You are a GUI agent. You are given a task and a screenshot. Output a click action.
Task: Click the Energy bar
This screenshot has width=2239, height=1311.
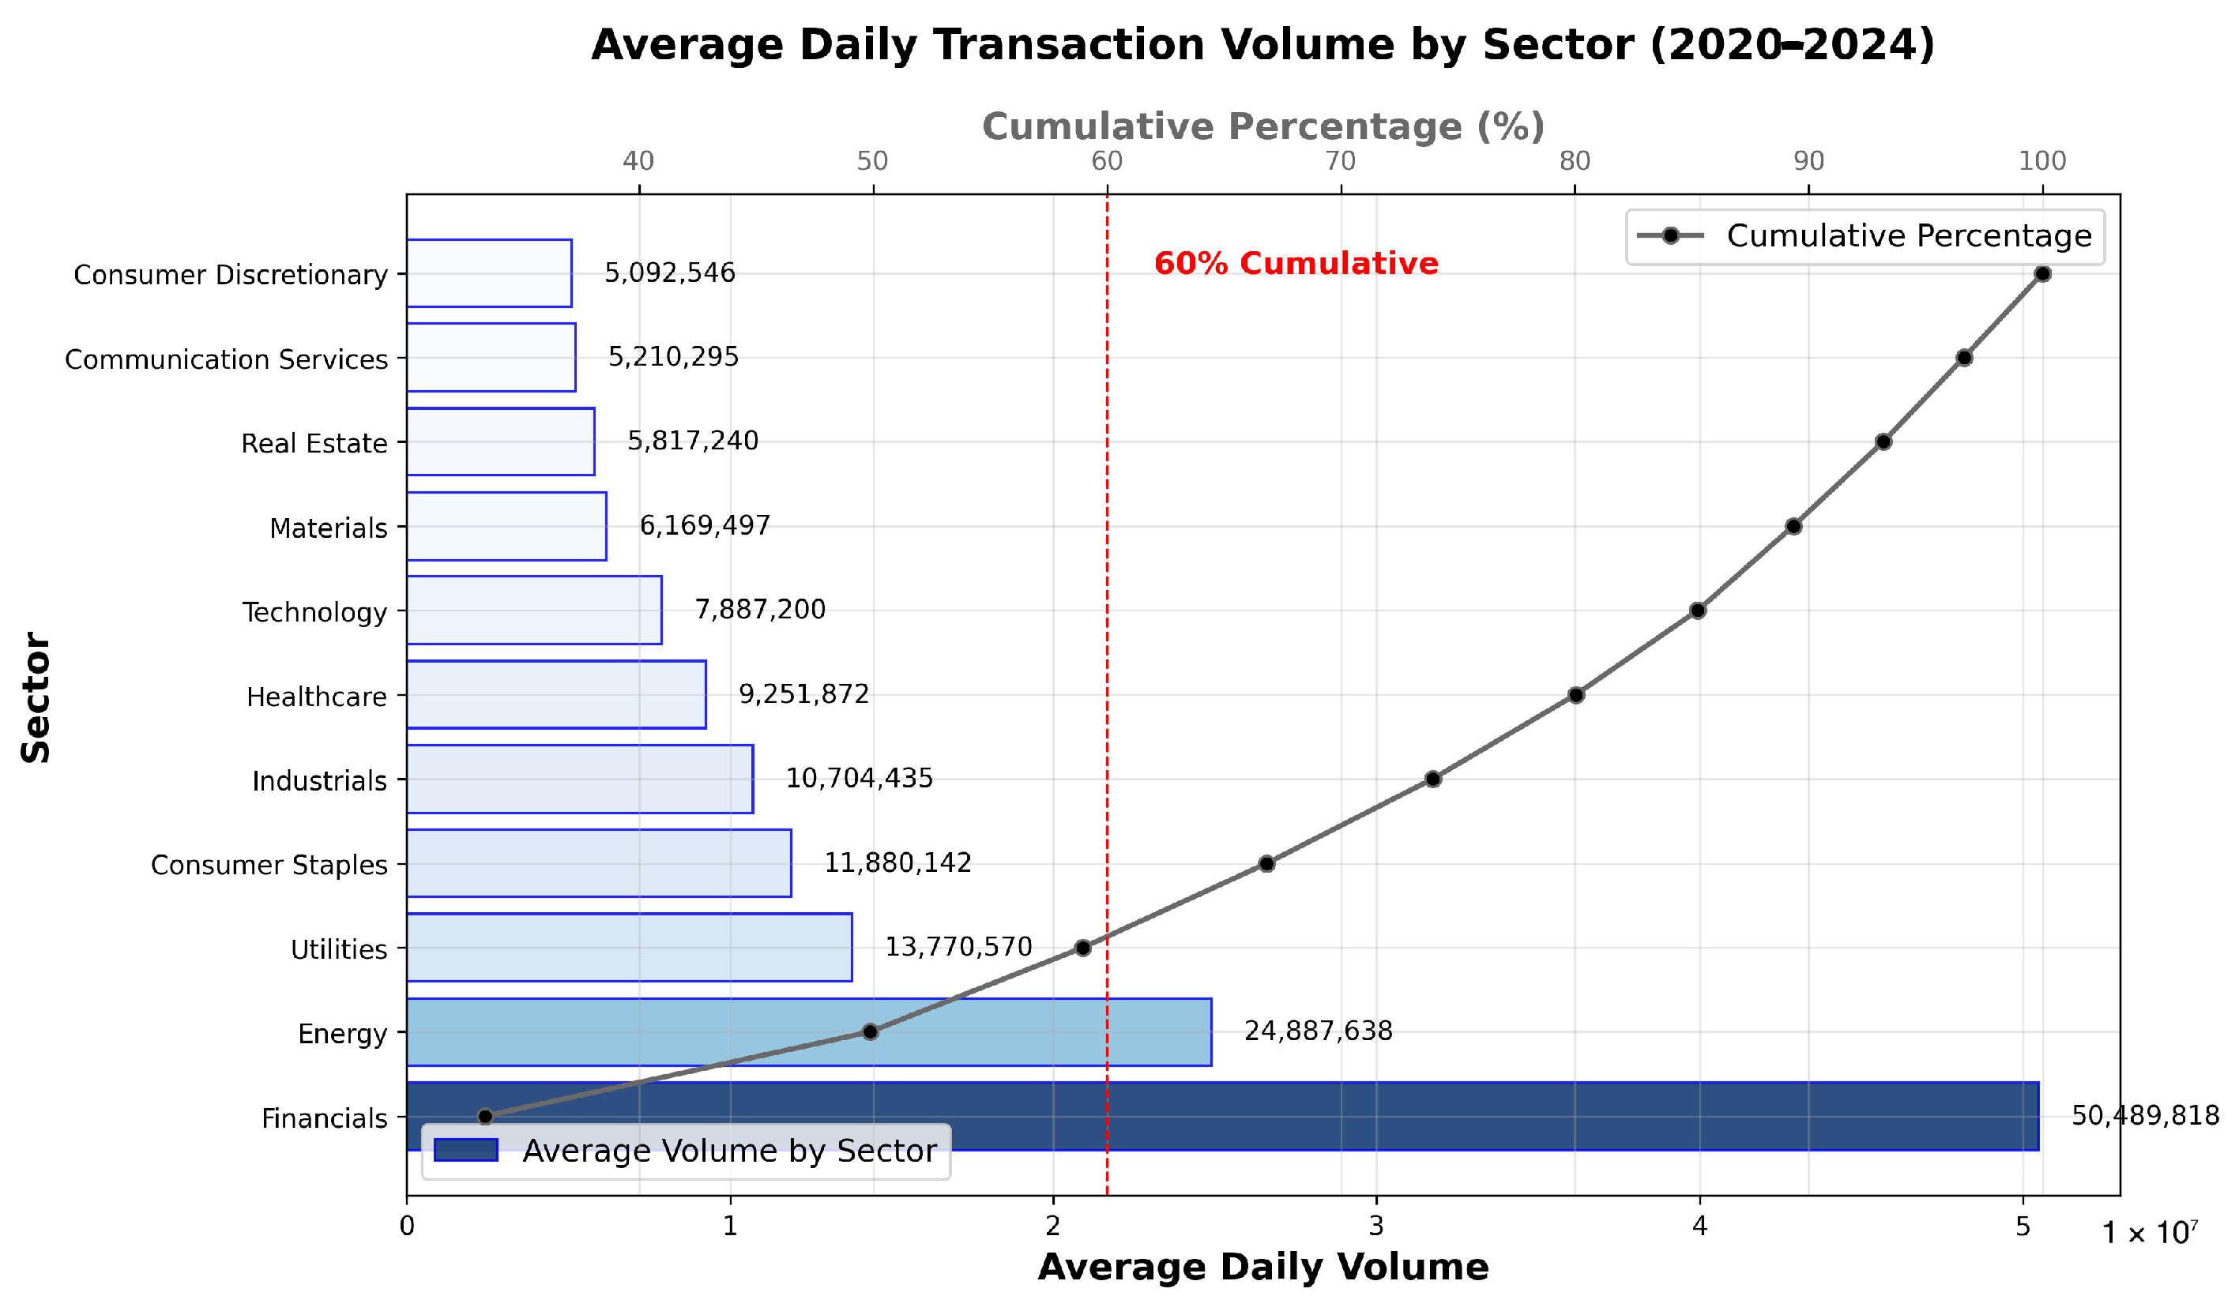808,1032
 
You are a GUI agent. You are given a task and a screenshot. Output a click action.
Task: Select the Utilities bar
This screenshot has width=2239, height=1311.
629,948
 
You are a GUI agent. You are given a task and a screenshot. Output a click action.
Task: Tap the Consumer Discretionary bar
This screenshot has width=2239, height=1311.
489,272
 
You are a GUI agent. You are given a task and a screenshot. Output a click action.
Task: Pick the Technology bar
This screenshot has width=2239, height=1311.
534,610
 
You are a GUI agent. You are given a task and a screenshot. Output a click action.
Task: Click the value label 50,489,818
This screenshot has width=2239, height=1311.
2145,1116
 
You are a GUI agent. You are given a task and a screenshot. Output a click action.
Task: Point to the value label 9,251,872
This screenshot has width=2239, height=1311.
804,693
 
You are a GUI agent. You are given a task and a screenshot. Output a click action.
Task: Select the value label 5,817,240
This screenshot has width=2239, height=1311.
693,441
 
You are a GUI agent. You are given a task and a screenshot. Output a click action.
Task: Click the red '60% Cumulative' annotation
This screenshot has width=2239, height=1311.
1296,264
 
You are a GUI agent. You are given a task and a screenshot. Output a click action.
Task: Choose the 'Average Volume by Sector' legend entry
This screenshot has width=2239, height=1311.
685,1151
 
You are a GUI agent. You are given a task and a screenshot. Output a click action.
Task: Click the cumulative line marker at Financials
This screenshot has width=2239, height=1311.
485,1117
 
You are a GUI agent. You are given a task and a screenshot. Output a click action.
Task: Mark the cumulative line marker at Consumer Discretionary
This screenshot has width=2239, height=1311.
2042,273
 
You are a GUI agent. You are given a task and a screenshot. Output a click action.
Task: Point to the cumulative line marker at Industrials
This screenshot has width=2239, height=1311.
1433,779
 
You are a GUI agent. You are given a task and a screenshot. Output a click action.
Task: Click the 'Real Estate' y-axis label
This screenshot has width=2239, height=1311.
314,443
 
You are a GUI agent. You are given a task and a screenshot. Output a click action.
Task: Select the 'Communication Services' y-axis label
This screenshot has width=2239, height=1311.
227,359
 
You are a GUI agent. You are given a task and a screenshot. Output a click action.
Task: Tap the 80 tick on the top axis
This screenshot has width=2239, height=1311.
1575,161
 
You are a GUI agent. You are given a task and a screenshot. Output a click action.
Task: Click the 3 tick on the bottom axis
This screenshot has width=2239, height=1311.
1376,1226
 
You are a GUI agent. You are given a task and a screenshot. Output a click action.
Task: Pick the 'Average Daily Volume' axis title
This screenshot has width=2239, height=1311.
1262,1267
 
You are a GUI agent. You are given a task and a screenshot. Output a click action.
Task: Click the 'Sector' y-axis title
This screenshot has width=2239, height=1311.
36,697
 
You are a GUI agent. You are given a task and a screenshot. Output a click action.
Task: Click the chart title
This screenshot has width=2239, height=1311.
1262,44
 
